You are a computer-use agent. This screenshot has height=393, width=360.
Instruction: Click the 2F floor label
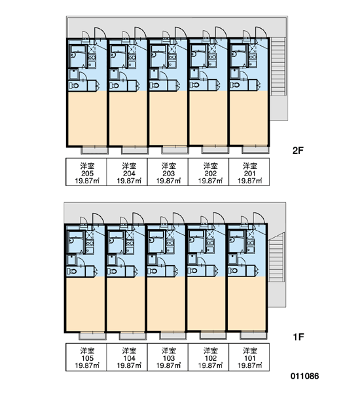coord(298,151)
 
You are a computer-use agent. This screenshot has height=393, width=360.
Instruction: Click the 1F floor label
coord(298,337)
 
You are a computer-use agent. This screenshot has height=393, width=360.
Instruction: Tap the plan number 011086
coord(304,376)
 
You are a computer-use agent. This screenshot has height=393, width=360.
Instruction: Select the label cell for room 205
coord(86,172)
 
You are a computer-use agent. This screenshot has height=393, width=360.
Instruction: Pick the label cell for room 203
coord(168,172)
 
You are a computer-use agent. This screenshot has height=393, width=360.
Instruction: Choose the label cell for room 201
coord(249,172)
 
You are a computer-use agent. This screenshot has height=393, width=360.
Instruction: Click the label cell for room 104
coord(127,357)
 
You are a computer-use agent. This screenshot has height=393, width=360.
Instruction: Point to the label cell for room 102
coord(208,357)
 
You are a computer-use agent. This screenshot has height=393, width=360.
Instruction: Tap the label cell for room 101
coord(249,357)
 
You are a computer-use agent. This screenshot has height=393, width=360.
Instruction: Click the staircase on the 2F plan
coord(278,66)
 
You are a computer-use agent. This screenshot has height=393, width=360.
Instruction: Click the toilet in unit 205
coord(74,85)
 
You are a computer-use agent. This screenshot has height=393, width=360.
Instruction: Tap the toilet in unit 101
coord(233,271)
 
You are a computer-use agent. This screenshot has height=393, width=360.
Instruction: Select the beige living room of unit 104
coord(126,304)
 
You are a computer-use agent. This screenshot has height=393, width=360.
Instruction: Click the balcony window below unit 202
coord(215,149)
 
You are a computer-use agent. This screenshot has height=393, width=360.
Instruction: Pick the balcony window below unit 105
coord(92,335)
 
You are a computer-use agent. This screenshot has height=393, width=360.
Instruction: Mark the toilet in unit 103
coord(153,271)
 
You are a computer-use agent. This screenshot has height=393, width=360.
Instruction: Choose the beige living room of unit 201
coord(249,118)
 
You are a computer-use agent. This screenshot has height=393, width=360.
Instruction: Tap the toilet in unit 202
coord(194,85)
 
